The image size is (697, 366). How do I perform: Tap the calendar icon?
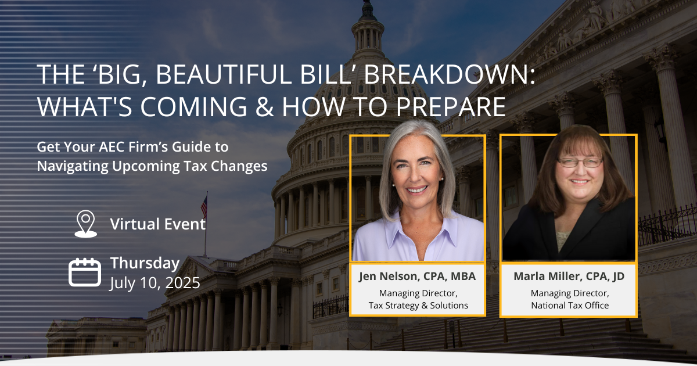tap(85, 272)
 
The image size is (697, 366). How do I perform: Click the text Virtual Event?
tap(158, 224)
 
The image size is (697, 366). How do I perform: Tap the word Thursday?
tap(145, 263)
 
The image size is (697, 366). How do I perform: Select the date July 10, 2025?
tap(155, 283)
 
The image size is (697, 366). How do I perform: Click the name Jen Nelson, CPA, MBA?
tap(418, 277)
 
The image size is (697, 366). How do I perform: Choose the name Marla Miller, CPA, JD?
tap(569, 277)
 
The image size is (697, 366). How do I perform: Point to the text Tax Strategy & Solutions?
tap(418, 306)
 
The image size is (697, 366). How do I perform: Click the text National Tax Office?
tap(569, 306)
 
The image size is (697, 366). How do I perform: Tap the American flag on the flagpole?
tap(204, 206)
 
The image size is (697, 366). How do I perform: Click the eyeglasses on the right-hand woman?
tap(572, 163)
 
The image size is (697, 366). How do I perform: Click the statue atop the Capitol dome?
tap(367, 8)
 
